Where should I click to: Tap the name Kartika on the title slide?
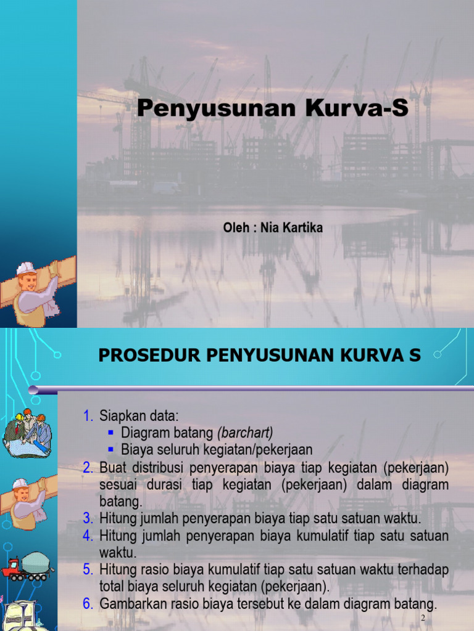point(303,228)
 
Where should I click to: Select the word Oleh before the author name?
point(236,228)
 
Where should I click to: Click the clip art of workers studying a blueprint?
point(27,431)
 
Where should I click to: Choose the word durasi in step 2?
point(164,484)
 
